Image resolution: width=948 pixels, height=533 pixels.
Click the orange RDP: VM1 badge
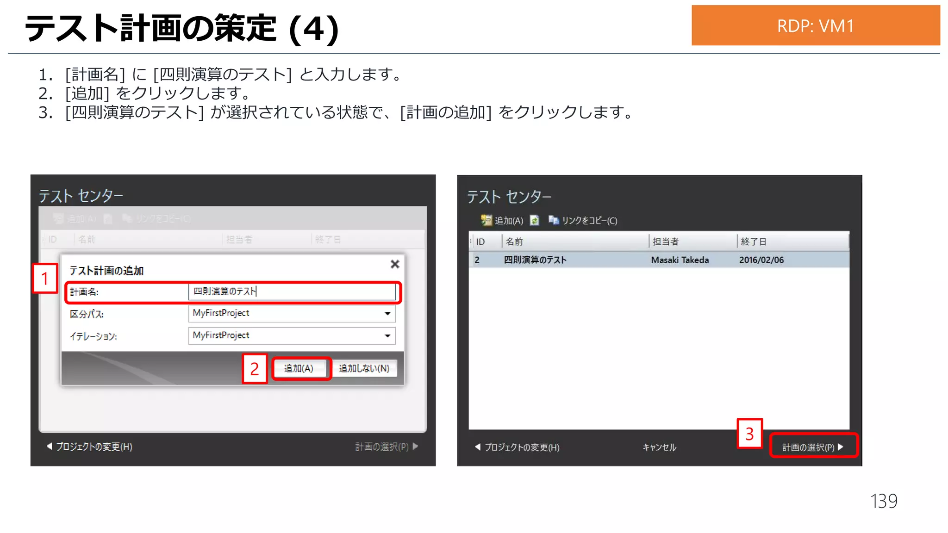[x=815, y=25]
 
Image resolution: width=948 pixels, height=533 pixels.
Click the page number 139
[x=884, y=501]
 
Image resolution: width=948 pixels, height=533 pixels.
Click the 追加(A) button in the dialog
[x=299, y=368]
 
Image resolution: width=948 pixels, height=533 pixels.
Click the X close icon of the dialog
[x=395, y=264]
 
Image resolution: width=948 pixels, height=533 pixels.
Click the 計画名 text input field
[x=292, y=291]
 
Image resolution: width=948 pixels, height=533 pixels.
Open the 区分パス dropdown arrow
[x=387, y=314]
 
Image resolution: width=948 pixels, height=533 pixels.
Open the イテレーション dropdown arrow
[x=387, y=336]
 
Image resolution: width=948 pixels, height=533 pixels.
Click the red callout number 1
[x=45, y=279]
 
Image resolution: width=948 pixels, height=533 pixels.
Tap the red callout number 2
[x=255, y=369]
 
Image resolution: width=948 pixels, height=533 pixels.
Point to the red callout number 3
[x=749, y=434]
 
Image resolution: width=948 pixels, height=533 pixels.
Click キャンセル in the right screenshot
[x=659, y=447]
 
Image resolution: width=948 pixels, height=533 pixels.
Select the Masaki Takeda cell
[x=680, y=260]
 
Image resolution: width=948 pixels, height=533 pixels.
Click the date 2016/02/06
[x=761, y=260]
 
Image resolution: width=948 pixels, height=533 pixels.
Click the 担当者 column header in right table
[x=666, y=242]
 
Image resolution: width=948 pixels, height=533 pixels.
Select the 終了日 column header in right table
[x=754, y=242]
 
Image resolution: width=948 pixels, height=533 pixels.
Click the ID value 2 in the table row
[x=477, y=260]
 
